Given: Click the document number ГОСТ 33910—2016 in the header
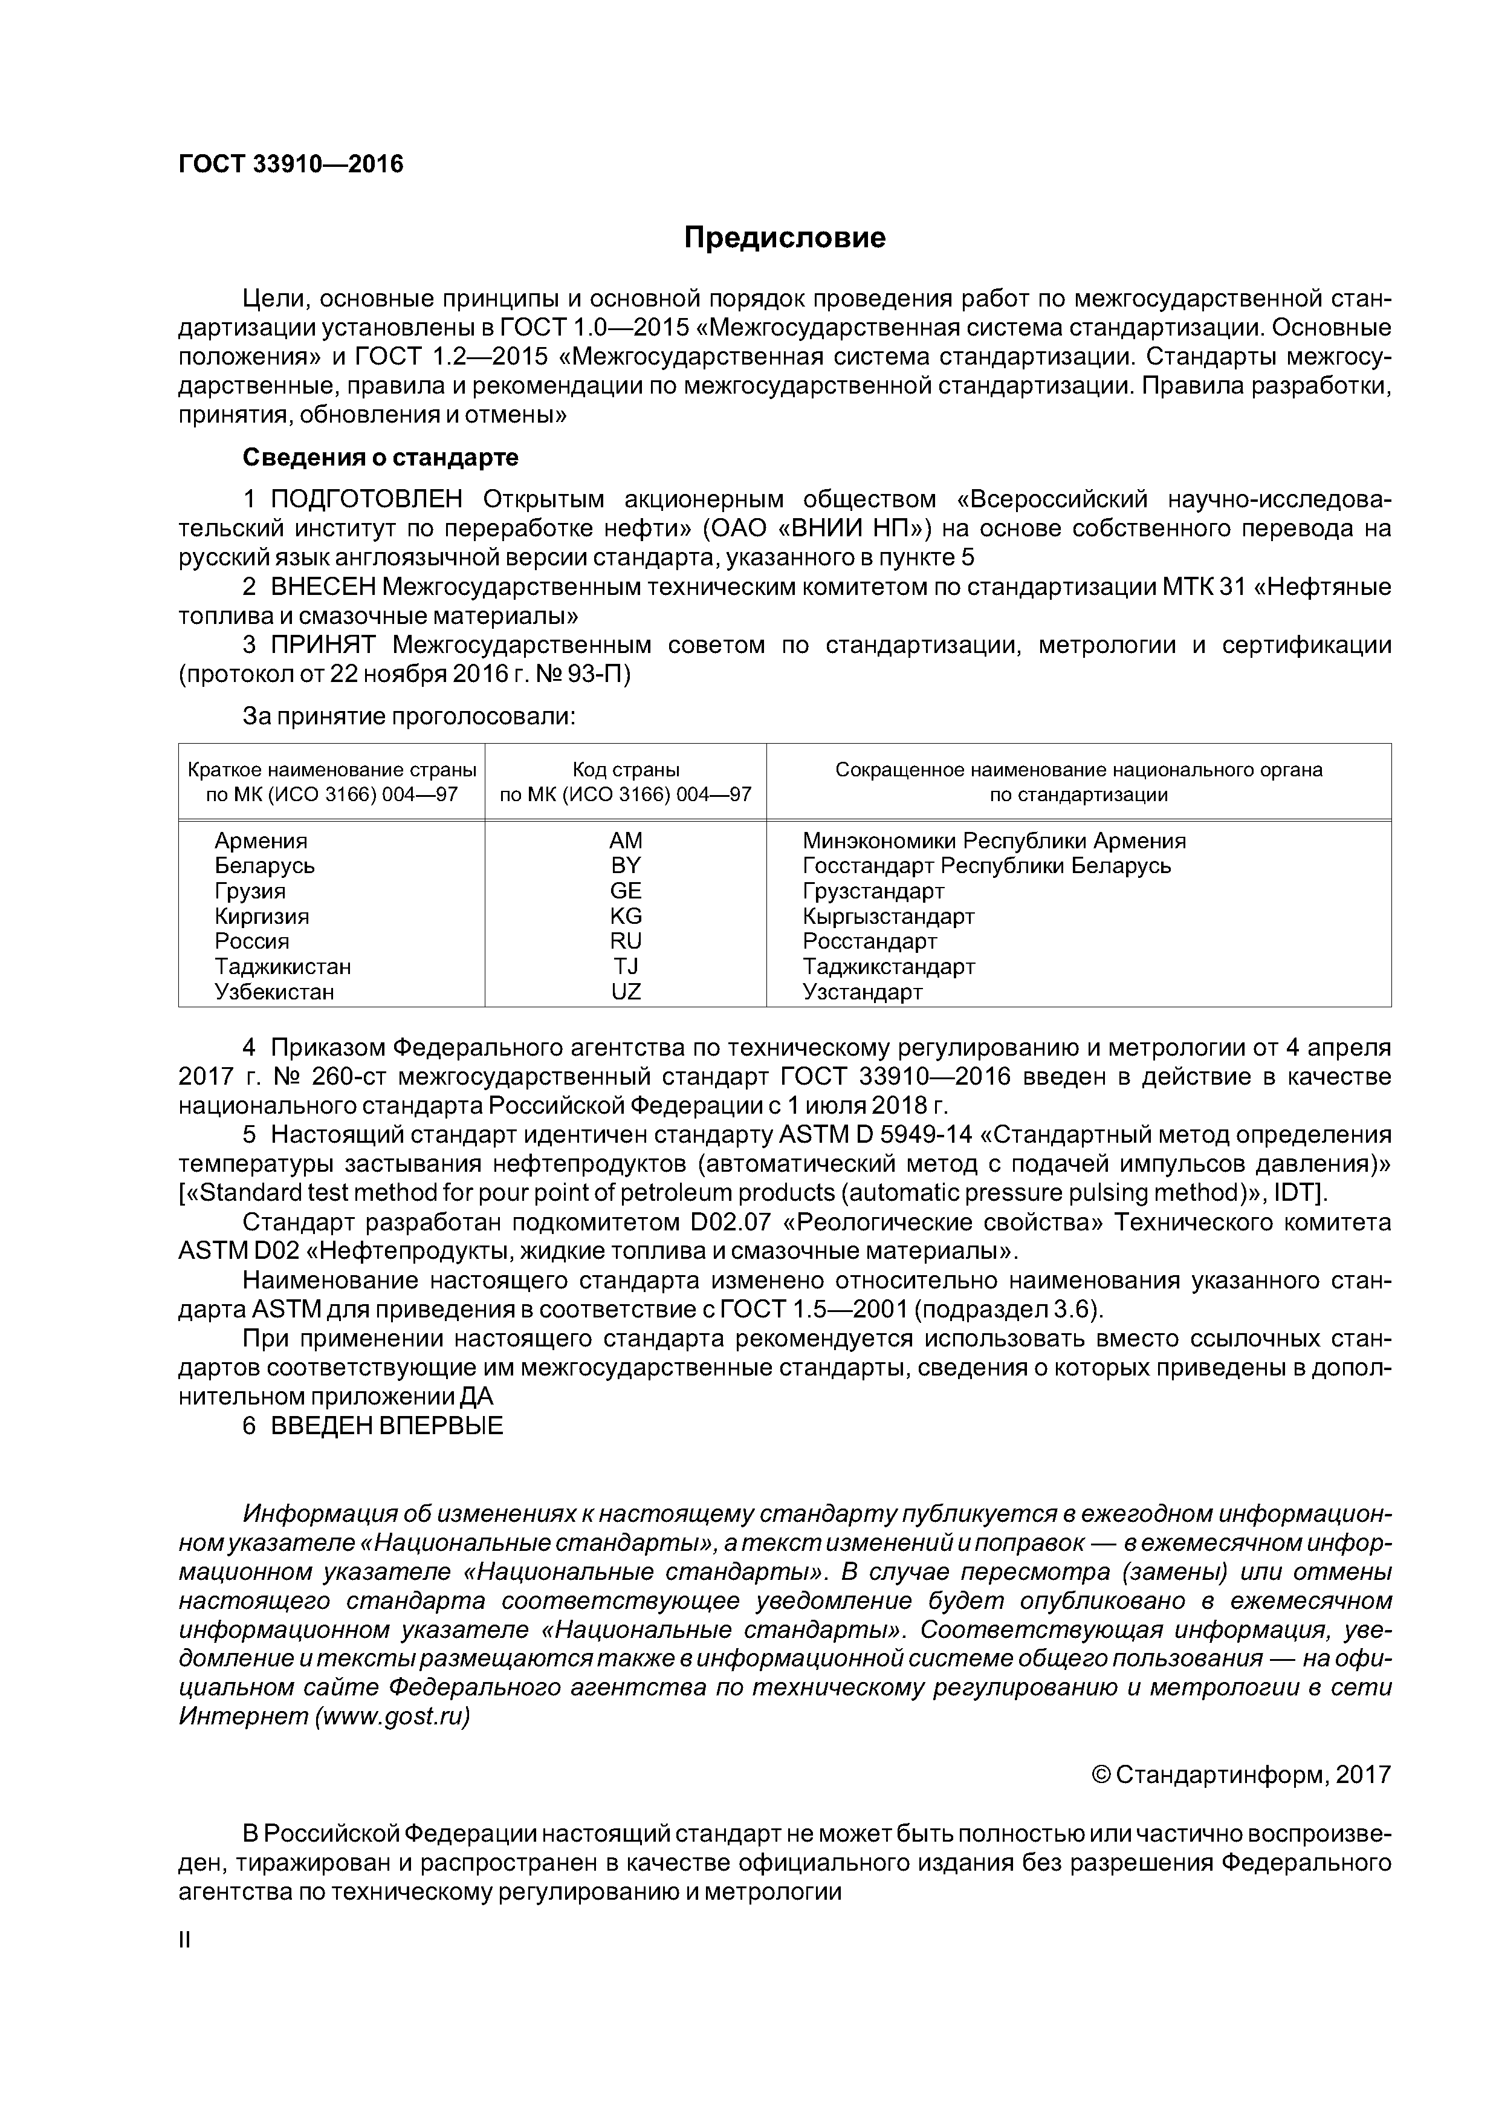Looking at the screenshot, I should (x=291, y=164).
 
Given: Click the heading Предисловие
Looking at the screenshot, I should (x=784, y=238).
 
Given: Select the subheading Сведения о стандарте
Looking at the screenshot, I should (x=381, y=457).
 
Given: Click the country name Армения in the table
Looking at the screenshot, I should (x=261, y=840).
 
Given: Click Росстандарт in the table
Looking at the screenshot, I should (x=869, y=941).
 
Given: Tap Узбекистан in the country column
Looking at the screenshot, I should (x=274, y=992).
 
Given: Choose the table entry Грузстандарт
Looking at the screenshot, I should (x=873, y=891).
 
